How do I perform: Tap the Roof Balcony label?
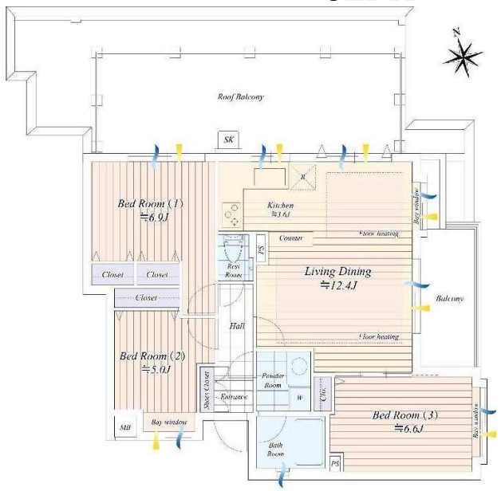pyautogui.click(x=241, y=97)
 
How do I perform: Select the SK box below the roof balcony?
pyautogui.click(x=229, y=140)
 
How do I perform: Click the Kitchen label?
pyautogui.click(x=280, y=205)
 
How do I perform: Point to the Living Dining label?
pyautogui.click(x=338, y=272)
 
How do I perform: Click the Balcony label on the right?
pyautogui.click(x=450, y=299)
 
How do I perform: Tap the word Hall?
pyautogui.click(x=236, y=326)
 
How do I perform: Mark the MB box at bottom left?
pyautogui.click(x=125, y=428)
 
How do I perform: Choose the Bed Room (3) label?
pyautogui.click(x=405, y=416)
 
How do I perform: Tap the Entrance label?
pyautogui.click(x=234, y=396)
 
